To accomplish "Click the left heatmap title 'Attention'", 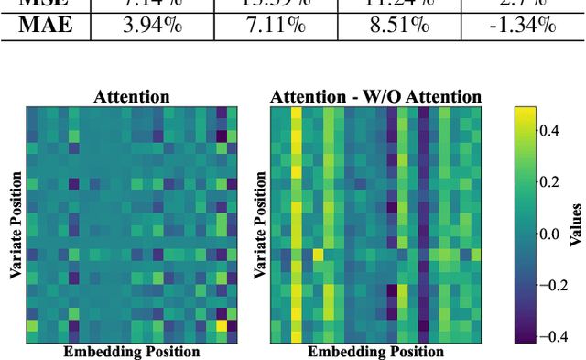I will [132, 96].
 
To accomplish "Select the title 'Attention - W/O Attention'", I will [375, 96].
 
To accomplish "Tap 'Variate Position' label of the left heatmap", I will [16, 224].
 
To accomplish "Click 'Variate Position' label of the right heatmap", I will [260, 224].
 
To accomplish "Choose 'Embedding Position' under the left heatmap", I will [132, 351].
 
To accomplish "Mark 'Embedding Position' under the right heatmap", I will [375, 351].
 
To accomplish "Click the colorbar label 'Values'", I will [576, 224].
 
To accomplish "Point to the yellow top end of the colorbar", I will [526, 111].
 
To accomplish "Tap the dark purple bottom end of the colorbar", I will [526, 338].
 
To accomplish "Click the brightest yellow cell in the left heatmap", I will [221, 325].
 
